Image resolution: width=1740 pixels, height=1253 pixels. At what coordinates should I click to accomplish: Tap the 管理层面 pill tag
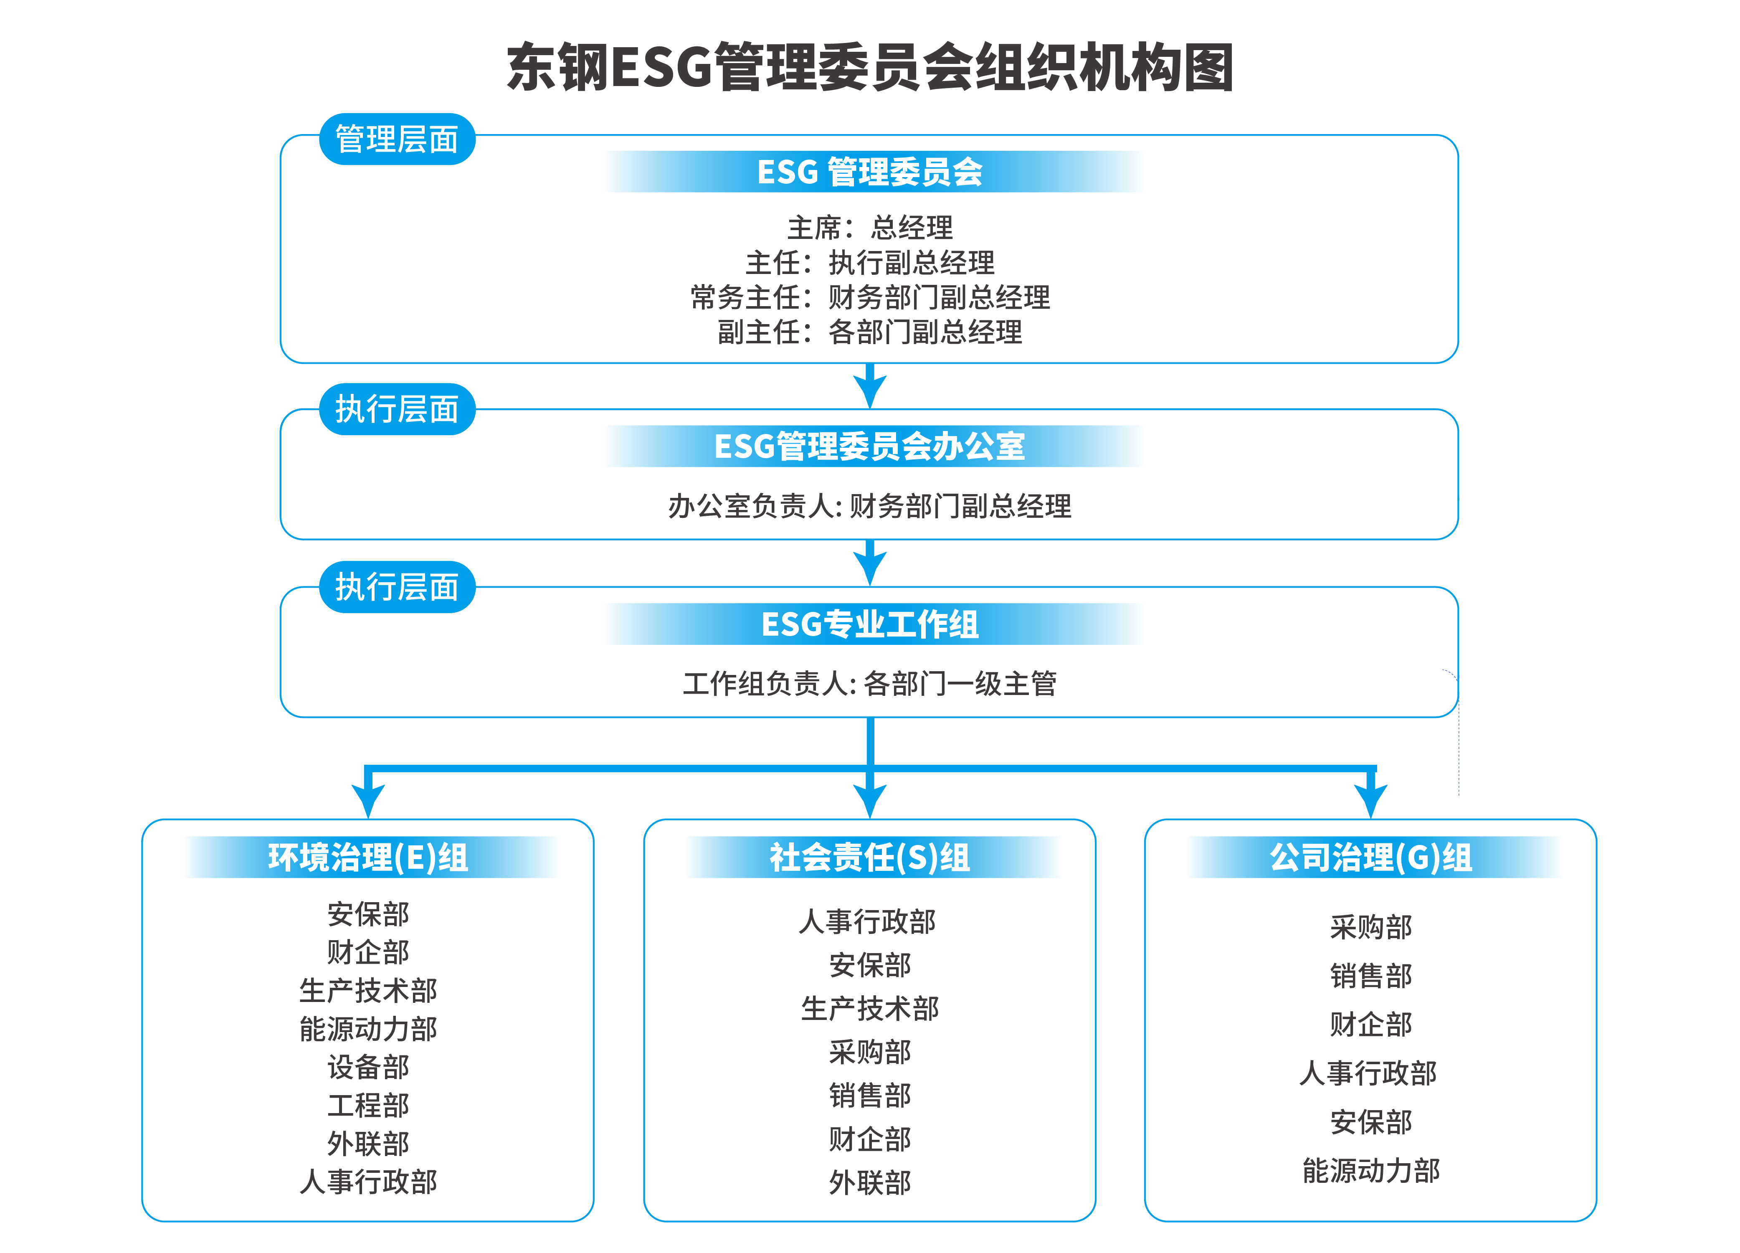click(x=397, y=139)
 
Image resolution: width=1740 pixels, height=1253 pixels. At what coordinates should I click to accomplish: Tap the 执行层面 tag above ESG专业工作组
click(x=397, y=587)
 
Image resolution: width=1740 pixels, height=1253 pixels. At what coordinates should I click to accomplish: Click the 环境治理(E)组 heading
click(x=368, y=857)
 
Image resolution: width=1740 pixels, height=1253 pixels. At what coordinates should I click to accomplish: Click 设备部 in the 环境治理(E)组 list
click(x=368, y=1067)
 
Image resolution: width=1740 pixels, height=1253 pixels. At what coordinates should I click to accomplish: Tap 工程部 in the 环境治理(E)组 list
click(x=368, y=1105)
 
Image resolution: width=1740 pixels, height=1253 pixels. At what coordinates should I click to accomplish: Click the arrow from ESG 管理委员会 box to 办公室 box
click(x=870, y=388)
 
